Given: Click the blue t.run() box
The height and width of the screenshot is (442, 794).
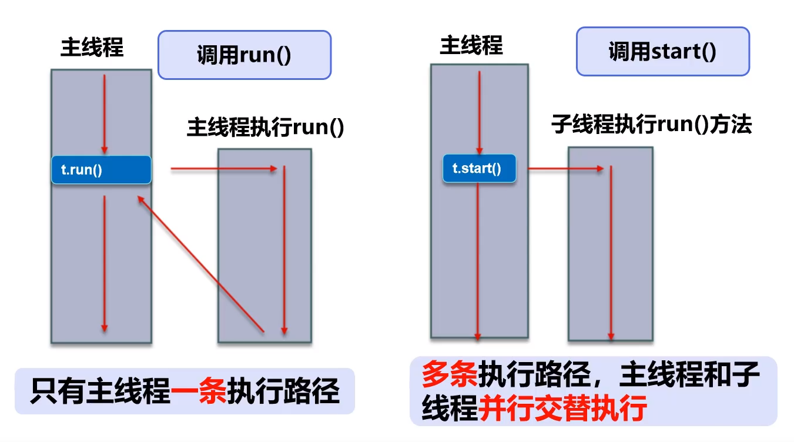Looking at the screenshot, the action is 101,169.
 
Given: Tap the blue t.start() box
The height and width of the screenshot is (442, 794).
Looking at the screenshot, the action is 479,168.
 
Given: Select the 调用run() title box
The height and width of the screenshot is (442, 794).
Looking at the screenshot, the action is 244,55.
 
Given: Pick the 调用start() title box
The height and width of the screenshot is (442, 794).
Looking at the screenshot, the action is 663,51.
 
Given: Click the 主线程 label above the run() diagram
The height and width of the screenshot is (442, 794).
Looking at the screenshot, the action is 92,47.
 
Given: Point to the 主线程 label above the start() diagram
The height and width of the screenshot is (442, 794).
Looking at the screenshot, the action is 471,45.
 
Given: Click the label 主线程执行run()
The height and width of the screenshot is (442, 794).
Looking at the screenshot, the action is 266,127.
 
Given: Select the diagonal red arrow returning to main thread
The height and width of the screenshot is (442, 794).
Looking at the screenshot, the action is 200,264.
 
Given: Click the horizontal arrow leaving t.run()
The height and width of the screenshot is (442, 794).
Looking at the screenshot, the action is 224,169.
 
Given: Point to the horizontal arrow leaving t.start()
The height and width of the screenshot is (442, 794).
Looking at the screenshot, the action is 566,169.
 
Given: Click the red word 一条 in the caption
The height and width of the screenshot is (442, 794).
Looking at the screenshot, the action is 199,391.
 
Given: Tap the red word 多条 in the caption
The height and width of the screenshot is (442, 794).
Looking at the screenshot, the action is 450,374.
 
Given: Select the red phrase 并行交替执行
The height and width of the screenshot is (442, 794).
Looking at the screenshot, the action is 563,408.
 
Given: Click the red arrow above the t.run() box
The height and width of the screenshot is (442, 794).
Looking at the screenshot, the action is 105,114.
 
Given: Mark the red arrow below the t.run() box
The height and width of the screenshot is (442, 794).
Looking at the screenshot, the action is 105,264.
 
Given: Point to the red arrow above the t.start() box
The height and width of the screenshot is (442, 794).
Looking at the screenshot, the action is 480,113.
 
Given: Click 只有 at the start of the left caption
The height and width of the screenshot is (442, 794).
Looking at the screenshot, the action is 59,391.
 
